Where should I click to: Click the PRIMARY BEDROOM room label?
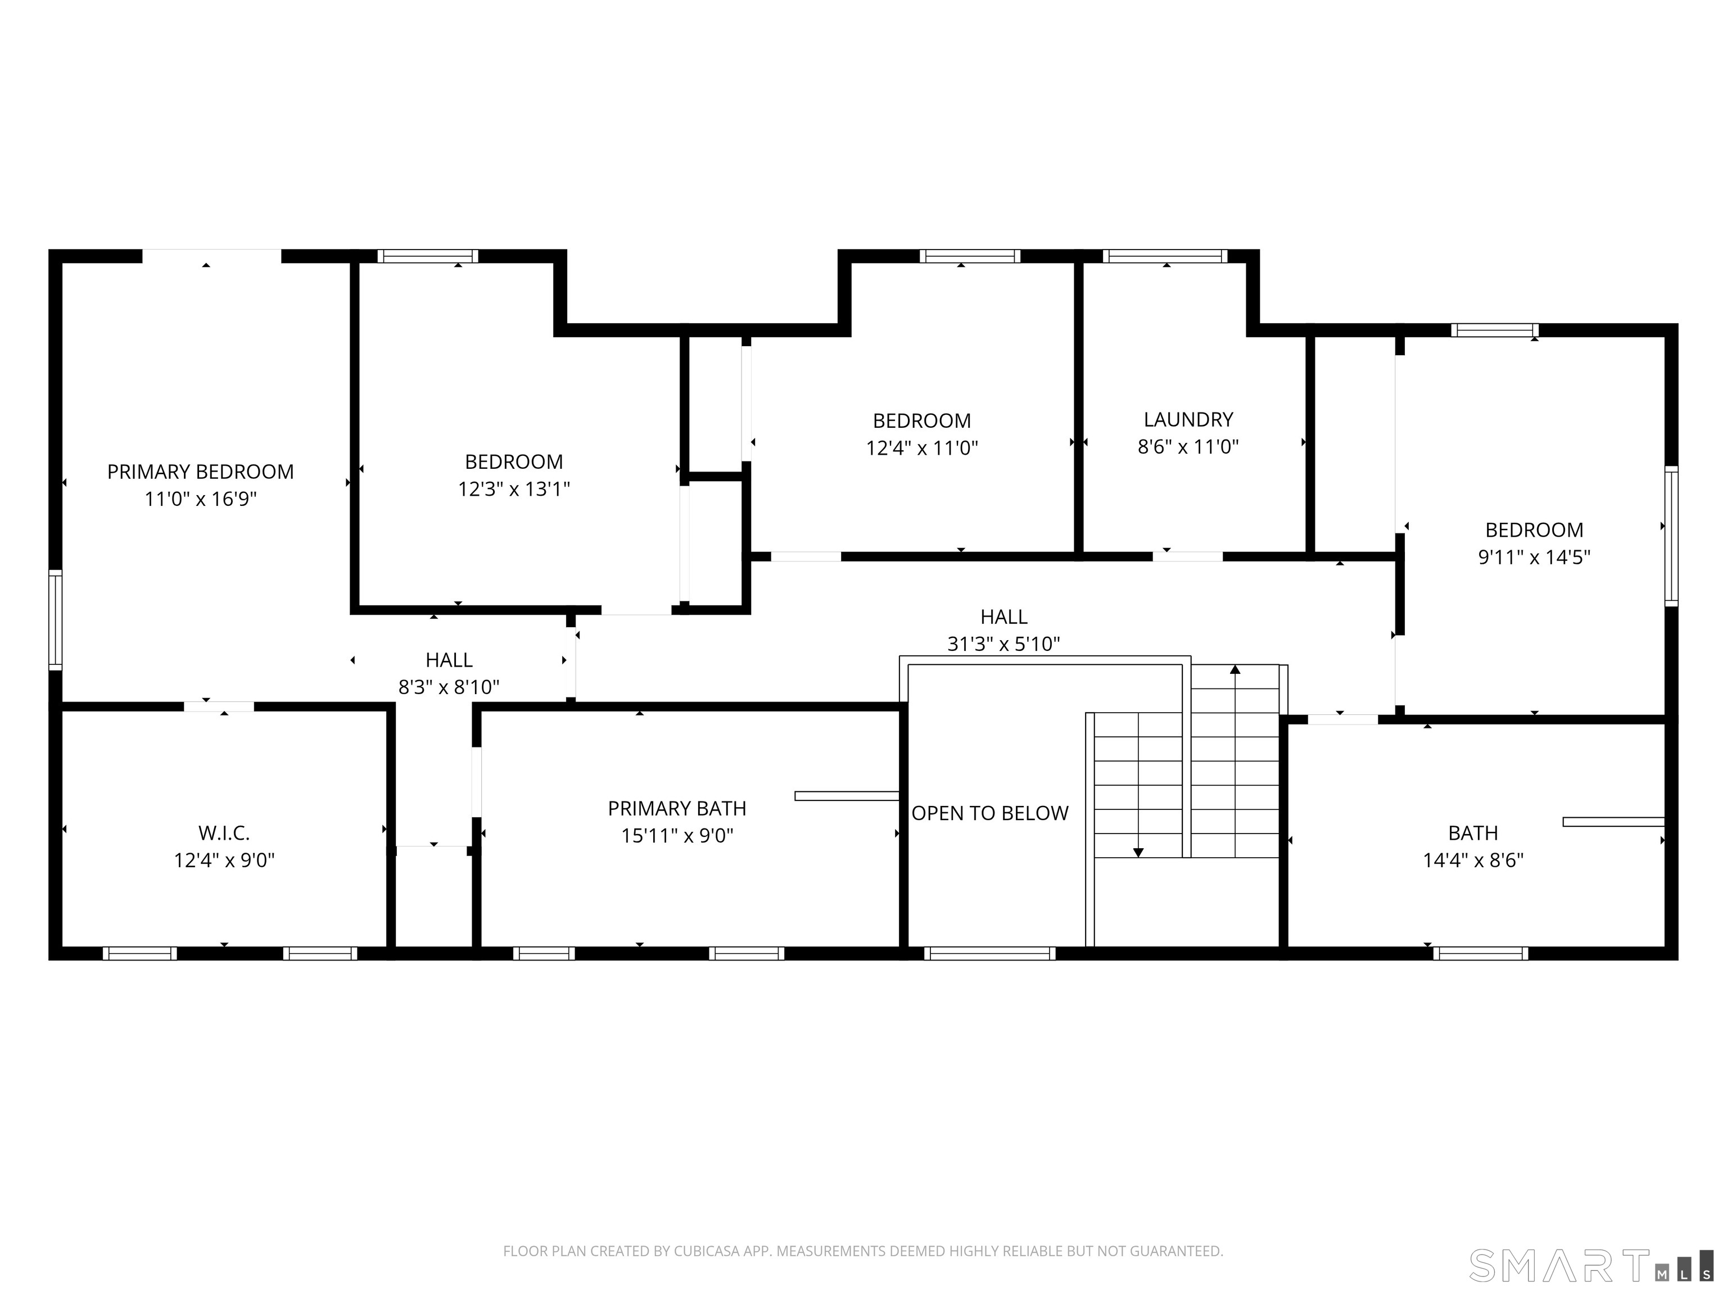coord(201,472)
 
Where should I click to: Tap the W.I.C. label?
coord(224,833)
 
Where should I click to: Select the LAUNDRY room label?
coord(1188,420)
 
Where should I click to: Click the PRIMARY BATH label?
coord(677,809)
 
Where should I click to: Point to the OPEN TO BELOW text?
coord(990,813)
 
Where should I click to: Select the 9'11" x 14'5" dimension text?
coord(1534,558)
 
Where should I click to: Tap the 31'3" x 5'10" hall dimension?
coord(1003,644)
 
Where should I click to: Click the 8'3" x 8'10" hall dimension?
coord(449,687)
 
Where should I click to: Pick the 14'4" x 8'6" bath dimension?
coord(1473,860)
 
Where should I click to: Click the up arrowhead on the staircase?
coord(1235,669)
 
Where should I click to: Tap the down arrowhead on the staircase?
coord(1138,853)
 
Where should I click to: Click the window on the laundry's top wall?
coord(1165,256)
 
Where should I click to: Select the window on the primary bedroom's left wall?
coord(56,620)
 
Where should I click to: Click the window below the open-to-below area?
coord(990,953)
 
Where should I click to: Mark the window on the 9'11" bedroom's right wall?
coord(1671,536)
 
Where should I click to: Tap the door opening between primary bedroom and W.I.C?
coord(219,707)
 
